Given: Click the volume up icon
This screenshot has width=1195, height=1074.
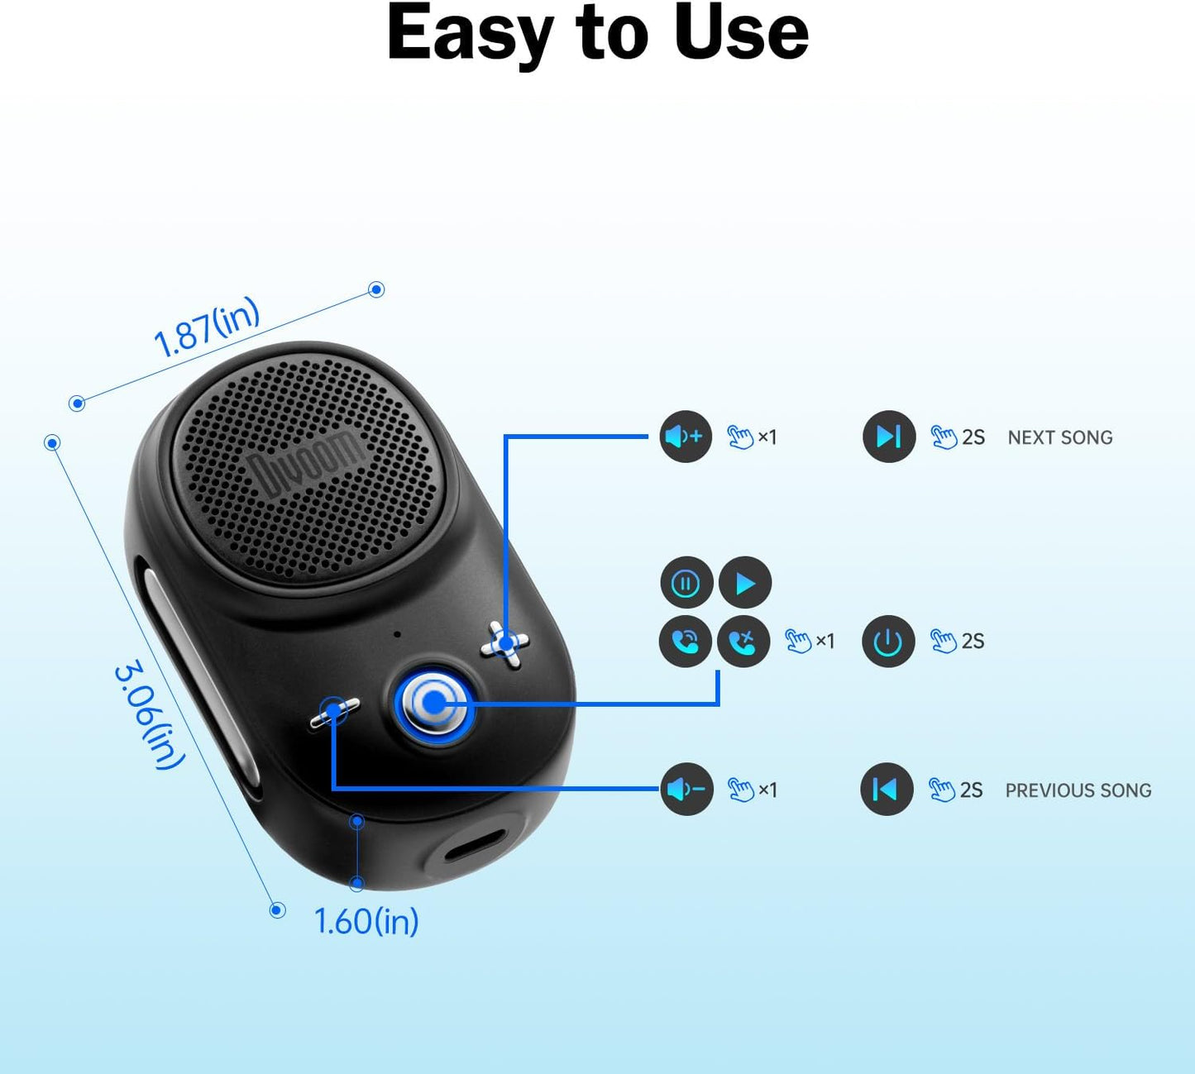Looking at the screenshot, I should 686,437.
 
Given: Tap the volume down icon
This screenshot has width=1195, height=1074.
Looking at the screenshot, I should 686,790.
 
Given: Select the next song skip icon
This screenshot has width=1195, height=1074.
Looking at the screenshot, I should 889,437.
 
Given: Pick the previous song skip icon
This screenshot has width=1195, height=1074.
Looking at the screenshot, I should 887,790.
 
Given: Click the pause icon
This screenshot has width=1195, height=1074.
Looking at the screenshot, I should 686,584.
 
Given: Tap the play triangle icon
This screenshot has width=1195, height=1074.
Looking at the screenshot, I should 745,584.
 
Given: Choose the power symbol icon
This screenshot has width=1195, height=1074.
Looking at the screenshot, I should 888,641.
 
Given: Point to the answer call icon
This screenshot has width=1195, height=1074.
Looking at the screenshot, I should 686,641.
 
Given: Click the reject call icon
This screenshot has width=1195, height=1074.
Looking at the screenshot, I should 743,641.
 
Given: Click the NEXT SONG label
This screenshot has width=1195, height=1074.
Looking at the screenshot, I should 1059,437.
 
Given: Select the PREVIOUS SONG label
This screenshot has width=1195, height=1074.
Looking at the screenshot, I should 1078,790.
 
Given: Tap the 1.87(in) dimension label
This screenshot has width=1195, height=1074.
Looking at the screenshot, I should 207,327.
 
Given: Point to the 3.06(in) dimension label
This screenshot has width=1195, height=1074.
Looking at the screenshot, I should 149,715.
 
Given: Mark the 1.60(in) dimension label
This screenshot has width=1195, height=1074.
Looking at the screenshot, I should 366,921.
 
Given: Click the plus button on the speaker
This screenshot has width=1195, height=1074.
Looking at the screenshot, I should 505,644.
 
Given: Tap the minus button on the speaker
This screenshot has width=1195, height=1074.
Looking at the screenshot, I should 335,712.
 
